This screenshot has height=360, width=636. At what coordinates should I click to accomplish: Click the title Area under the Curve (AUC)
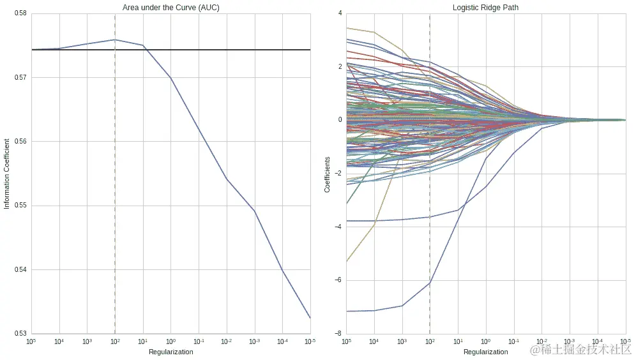[x=170, y=8]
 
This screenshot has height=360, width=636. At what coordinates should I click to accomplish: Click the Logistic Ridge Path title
[x=486, y=8]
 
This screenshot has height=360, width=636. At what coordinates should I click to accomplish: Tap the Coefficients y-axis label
[x=328, y=174]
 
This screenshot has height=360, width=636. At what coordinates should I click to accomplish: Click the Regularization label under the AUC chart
[x=170, y=352]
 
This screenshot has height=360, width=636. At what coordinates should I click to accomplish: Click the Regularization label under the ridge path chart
[x=486, y=352]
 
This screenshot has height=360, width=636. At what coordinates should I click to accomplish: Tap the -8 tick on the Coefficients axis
[x=338, y=333]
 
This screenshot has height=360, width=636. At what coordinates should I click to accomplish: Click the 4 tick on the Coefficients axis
[x=340, y=13]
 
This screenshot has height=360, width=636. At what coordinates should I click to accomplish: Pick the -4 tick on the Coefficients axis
[x=338, y=227]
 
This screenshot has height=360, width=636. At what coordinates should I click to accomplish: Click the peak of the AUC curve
[x=115, y=40]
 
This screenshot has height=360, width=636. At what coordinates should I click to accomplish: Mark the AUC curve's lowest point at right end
[x=310, y=318]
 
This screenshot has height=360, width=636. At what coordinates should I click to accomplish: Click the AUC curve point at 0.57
[x=170, y=77]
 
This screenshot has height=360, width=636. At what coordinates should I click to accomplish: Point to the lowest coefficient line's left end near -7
[x=347, y=311]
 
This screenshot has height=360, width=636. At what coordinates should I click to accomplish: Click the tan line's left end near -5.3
[x=347, y=261]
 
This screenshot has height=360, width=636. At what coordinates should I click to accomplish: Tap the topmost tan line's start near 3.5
[x=347, y=27]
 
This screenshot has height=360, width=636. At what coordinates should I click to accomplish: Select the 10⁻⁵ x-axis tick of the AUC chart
[x=310, y=341]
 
